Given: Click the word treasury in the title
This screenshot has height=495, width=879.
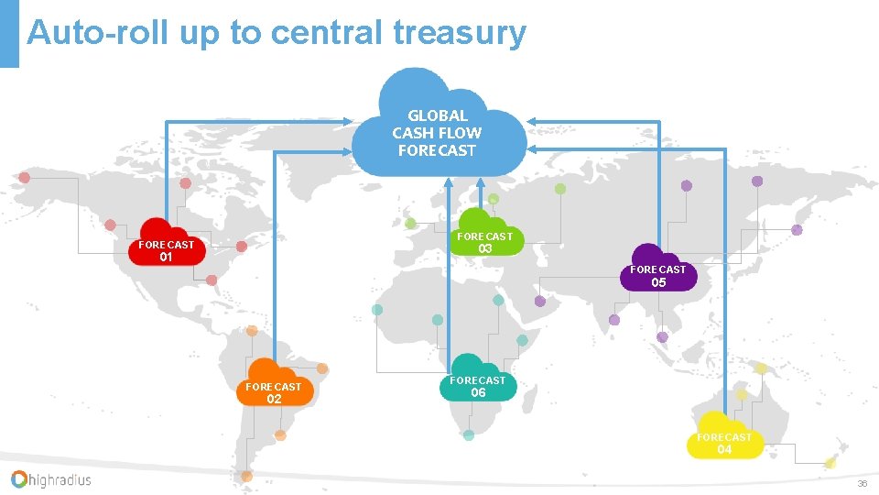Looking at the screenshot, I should click(x=460, y=32).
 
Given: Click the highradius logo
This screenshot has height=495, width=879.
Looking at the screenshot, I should click(x=51, y=478).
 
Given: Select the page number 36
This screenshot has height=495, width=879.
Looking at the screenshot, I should click(x=862, y=483).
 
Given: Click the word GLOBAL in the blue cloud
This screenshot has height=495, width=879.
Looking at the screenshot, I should click(x=438, y=115).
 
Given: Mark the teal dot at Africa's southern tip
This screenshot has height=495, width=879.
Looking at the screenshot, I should click(x=469, y=434).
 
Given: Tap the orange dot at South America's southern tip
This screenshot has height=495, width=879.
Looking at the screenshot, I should click(x=246, y=476).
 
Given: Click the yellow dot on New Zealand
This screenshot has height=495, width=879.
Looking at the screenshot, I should click(x=830, y=463).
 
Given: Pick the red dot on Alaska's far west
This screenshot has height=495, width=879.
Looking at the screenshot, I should click(x=24, y=177).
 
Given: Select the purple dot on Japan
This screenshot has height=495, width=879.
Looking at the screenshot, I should click(x=797, y=230).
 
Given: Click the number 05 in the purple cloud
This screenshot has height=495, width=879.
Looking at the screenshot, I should click(x=658, y=283).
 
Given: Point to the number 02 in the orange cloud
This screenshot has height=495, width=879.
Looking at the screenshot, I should click(x=274, y=399).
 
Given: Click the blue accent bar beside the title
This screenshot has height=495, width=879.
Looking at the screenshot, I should click(x=9, y=33).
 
